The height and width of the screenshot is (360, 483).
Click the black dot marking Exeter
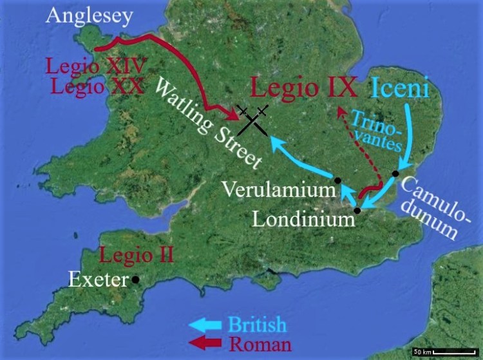[x=135, y=279]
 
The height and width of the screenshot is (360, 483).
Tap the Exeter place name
[x=99, y=280]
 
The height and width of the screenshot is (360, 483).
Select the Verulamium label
[x=279, y=190]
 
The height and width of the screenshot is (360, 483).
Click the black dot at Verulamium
[x=337, y=180]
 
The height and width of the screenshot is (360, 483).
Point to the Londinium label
[x=303, y=219]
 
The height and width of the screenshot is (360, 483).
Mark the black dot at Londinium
[x=357, y=211]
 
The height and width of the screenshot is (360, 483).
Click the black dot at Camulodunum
[x=395, y=174]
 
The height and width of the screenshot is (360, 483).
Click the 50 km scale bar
[x=444, y=352]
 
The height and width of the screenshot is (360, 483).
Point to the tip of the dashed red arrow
[x=339, y=109]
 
